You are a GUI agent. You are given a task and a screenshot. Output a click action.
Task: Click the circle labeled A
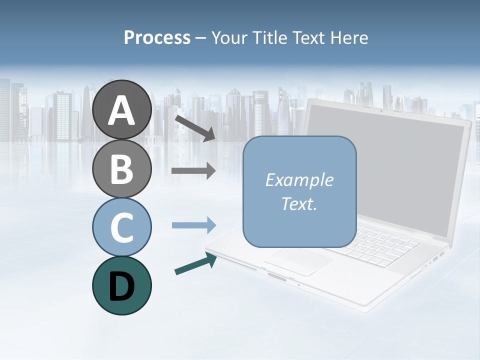[121, 109]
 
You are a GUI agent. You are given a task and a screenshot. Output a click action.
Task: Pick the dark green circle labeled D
[121, 285]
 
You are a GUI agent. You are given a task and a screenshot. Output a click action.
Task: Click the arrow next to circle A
[195, 128]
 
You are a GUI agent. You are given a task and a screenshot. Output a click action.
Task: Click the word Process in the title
[157, 38]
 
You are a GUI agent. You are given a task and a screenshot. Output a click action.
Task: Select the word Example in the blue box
[299, 180]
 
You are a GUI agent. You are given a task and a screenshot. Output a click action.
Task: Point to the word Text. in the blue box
[299, 203]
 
